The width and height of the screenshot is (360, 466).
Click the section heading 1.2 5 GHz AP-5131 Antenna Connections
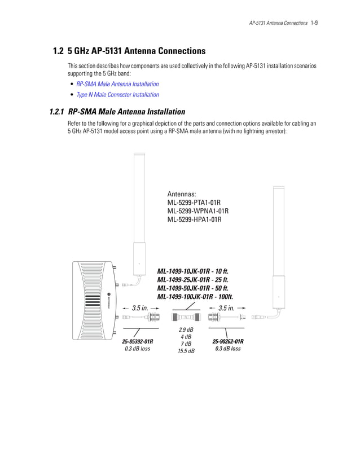point(129,51)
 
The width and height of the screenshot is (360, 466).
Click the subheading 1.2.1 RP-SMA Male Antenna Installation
point(117,112)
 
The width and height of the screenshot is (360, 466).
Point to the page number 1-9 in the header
point(315,23)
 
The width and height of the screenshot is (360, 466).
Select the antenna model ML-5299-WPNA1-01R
point(197,211)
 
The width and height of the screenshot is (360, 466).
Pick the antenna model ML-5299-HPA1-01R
point(194,219)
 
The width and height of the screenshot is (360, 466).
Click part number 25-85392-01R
point(138,341)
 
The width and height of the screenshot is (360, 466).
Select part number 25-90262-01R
point(228,341)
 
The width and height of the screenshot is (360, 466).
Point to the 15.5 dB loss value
point(186,351)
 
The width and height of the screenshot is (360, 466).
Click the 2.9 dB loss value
point(186,329)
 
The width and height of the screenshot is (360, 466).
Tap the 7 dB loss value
point(186,344)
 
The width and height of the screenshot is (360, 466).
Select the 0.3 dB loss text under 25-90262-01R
point(228,349)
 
